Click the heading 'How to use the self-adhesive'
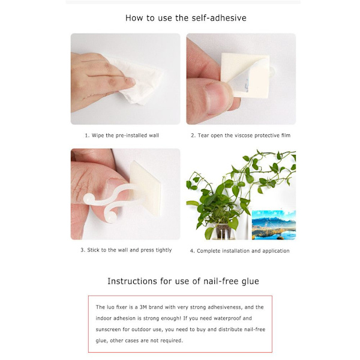186,18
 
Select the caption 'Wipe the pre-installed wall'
125,136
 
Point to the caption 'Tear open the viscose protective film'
244,136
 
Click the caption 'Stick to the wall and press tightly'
129,250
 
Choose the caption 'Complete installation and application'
243,251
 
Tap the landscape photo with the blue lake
274,225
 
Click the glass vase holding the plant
223,231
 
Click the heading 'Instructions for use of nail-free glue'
183,281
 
